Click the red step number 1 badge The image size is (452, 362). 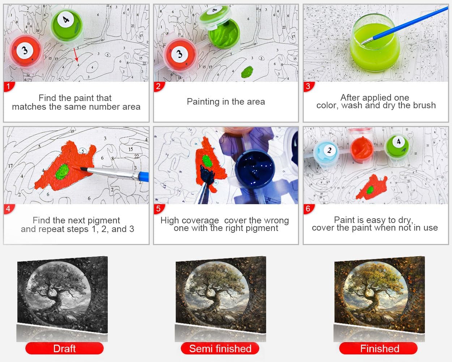(x=9, y=87)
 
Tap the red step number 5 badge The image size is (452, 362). (x=159, y=209)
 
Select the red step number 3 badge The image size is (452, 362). (x=308, y=87)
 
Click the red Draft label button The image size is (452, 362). (x=64, y=348)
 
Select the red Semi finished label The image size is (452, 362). (x=220, y=348)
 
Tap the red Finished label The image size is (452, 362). (x=379, y=348)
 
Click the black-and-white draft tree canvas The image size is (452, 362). (x=63, y=294)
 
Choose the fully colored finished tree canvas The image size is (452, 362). (x=380, y=294)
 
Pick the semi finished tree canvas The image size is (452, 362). (x=221, y=294)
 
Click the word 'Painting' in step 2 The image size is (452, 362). (x=203, y=102)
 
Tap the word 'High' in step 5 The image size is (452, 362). (x=170, y=221)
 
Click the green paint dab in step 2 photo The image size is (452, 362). (x=247, y=72)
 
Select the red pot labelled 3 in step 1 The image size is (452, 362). (x=25, y=51)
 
